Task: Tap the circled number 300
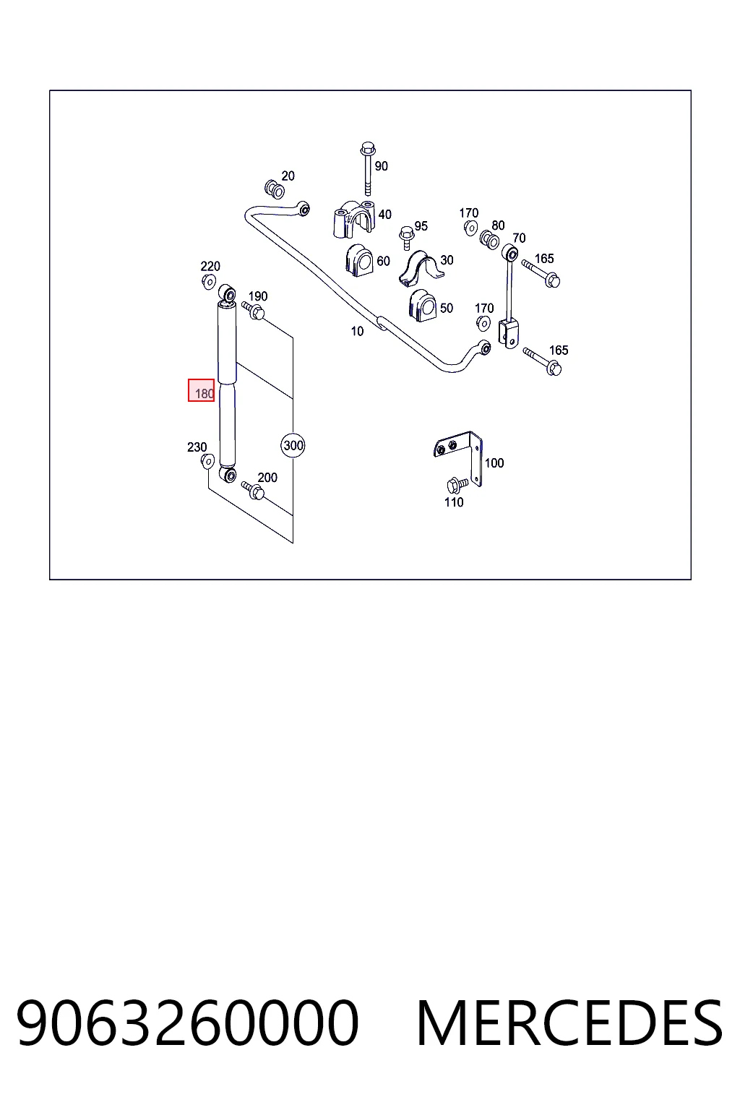[x=293, y=445]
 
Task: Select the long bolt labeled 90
[x=367, y=168]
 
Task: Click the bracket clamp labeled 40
[x=353, y=219]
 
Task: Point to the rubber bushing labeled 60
[x=359, y=260]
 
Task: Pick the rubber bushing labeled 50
[x=422, y=306]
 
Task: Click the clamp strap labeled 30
[x=421, y=268]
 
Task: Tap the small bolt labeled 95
[x=406, y=238]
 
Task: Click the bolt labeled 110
[x=457, y=485]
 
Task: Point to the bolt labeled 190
[x=253, y=311]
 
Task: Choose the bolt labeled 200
[x=253, y=490]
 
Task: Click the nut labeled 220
[x=209, y=282]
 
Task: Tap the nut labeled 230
[x=207, y=461]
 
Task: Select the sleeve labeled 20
[x=274, y=189]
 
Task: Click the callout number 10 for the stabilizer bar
[x=358, y=332]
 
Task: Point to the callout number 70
[x=519, y=238]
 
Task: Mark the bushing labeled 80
[x=489, y=241]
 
